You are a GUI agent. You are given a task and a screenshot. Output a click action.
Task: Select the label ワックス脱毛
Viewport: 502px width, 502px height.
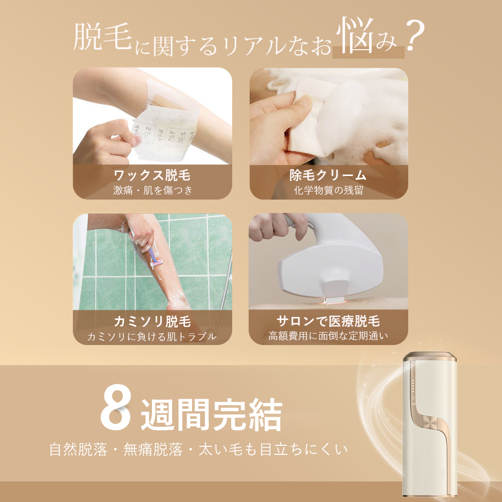pos(152,176)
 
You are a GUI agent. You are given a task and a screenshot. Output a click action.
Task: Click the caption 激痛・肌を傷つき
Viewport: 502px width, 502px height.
pos(152,190)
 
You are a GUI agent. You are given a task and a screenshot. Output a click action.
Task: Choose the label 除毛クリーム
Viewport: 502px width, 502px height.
pos(328,176)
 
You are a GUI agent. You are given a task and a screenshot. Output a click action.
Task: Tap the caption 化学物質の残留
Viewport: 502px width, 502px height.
pos(328,190)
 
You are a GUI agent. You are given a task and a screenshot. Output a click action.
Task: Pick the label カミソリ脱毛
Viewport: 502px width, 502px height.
pos(152,321)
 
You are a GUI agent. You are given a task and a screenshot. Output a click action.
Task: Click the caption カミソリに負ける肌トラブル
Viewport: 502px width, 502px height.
pos(152,336)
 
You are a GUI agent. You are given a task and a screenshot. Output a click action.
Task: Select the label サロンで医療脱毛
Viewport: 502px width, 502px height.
pos(328,321)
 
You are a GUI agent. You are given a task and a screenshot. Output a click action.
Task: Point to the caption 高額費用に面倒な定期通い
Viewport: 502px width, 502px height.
pos(328,336)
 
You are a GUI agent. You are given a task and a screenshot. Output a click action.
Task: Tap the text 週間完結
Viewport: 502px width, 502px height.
pos(211,414)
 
